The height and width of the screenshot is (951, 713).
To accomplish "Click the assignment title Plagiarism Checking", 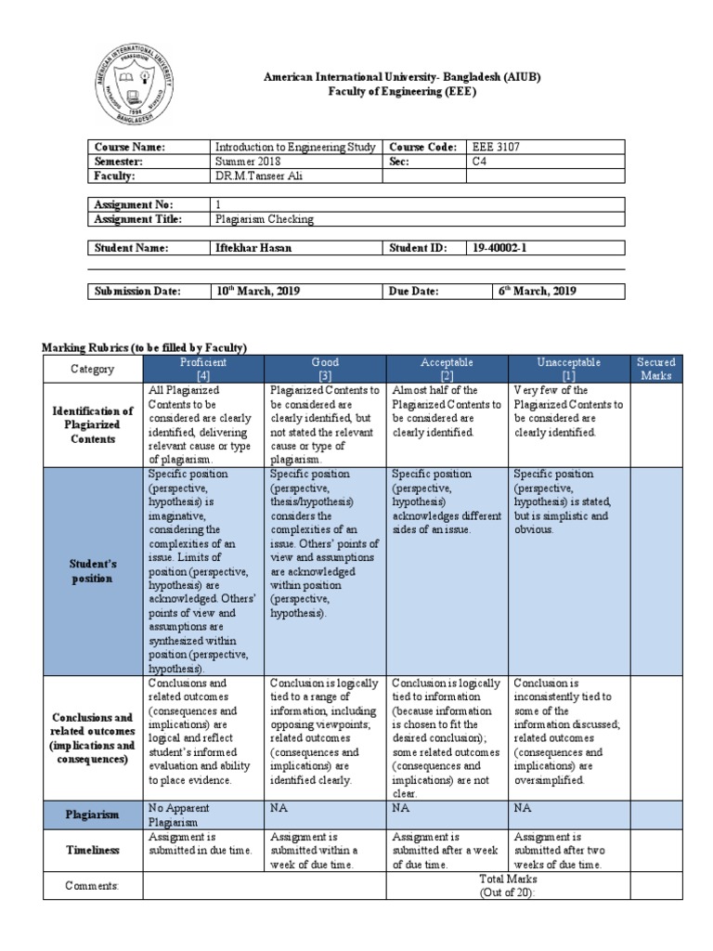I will click(265, 219).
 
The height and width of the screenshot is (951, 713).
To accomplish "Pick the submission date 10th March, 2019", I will click(257, 291).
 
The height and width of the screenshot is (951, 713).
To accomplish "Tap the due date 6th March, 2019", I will click(538, 291).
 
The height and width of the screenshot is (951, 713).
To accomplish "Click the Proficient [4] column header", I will click(203, 368).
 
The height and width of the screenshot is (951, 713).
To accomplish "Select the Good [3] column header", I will click(326, 368).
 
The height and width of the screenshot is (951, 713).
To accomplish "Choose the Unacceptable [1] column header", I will click(569, 368).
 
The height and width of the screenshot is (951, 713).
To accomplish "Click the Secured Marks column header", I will click(655, 368).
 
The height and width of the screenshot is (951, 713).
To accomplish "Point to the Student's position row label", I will click(93, 571).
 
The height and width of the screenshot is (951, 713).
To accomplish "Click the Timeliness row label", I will click(93, 849).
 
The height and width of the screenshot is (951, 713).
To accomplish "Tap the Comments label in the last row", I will click(93, 886).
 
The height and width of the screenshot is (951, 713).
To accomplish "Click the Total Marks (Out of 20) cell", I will click(508, 885).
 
